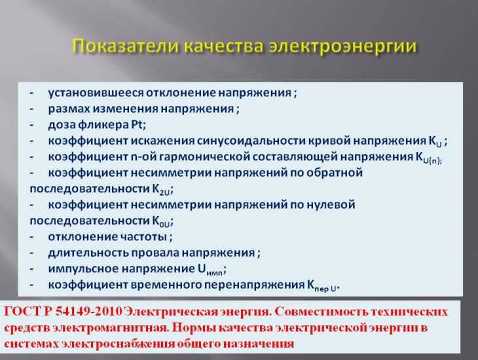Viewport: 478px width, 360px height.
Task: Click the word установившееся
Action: pyautogui.click(x=96, y=93)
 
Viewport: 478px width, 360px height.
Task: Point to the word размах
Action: pyautogui.click(x=69, y=109)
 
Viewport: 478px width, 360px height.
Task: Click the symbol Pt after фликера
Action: pyautogui.click(x=138, y=124)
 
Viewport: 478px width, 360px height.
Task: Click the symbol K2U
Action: pyautogui.click(x=162, y=189)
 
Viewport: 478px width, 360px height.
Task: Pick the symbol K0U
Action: pyautogui.click(x=162, y=222)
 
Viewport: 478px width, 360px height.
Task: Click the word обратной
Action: pyautogui.click(x=335, y=173)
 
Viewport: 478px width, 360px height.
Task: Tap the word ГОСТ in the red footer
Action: pyautogui.click(x=23, y=312)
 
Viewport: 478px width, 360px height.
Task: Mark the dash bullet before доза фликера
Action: pyautogui.click(x=31, y=125)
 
